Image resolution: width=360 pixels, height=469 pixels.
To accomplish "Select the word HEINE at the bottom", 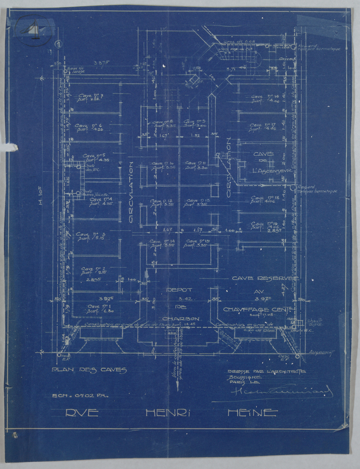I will (x=252, y=413).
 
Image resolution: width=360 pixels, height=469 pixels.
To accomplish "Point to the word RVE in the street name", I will (x=82, y=413).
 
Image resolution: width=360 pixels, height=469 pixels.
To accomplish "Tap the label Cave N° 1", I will (x=100, y=306).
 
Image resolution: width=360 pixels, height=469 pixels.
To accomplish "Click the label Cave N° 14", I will (x=163, y=241).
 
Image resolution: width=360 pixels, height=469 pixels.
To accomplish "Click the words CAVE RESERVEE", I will (x=265, y=278).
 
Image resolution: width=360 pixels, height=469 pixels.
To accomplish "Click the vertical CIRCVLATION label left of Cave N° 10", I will (x=131, y=192).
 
